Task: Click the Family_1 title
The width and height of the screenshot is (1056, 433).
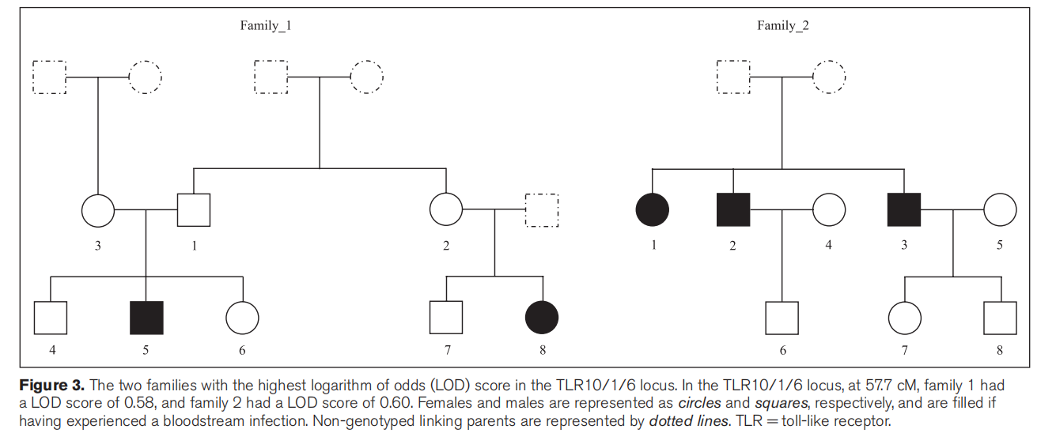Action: click(266, 25)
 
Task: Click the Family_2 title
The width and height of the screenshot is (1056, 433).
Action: click(782, 25)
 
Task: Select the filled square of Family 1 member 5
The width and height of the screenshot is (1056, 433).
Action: click(146, 318)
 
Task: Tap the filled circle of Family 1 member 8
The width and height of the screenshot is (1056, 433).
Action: click(542, 318)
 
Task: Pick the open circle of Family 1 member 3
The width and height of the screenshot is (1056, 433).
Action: click(98, 210)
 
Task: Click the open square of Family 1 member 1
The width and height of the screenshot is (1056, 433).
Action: click(194, 210)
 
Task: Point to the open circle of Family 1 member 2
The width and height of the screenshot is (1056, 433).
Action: click(446, 210)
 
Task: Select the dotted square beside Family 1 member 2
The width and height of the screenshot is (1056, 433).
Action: click(542, 210)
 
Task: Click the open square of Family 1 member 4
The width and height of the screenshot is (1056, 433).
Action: click(51, 318)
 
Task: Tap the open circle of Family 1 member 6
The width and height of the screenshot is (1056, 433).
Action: click(242, 318)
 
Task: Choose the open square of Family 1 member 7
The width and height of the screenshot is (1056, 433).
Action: click(446, 318)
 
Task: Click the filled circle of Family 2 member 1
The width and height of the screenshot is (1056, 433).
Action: click(653, 210)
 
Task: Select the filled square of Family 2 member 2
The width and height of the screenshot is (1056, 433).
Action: click(732, 210)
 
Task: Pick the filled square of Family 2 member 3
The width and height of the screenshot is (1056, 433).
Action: click(904, 210)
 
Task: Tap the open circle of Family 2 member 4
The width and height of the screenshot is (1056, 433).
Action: click(829, 210)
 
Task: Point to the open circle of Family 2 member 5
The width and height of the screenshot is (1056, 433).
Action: click(1000, 210)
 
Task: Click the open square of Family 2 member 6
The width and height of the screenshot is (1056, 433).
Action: click(782, 318)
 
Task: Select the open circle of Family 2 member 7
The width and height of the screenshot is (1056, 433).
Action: click(905, 318)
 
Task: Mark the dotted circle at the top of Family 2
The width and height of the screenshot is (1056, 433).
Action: click(829, 77)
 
